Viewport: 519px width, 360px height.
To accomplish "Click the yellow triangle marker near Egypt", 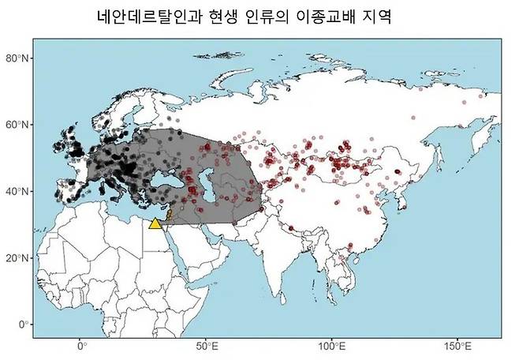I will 155,223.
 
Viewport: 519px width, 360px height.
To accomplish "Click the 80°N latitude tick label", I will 17,58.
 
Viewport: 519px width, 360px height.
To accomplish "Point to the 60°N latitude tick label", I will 17,125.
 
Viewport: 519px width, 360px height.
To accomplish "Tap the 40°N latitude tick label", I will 17,191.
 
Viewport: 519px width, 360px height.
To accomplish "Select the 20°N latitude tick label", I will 17,257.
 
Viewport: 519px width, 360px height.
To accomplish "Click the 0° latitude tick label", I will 24,324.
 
